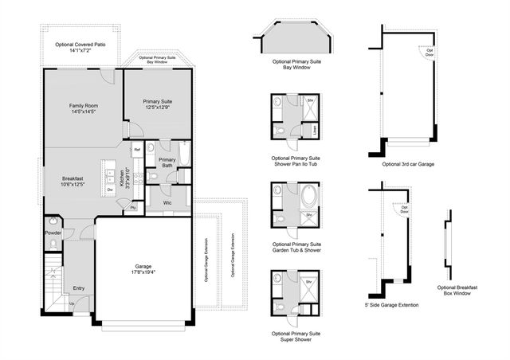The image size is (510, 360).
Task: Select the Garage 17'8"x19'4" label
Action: click(143, 270)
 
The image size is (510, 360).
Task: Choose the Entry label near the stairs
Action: click(79, 288)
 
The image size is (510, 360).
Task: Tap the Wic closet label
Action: click(167, 202)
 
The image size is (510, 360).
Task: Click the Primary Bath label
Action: click(167, 163)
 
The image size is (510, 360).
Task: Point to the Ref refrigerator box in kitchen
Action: click(137, 150)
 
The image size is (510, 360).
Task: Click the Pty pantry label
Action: click(133, 207)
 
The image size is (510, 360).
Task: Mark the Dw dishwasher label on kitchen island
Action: click(109, 190)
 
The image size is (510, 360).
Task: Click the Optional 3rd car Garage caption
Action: click(408, 163)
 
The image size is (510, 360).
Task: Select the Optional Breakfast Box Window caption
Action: click(457, 290)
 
